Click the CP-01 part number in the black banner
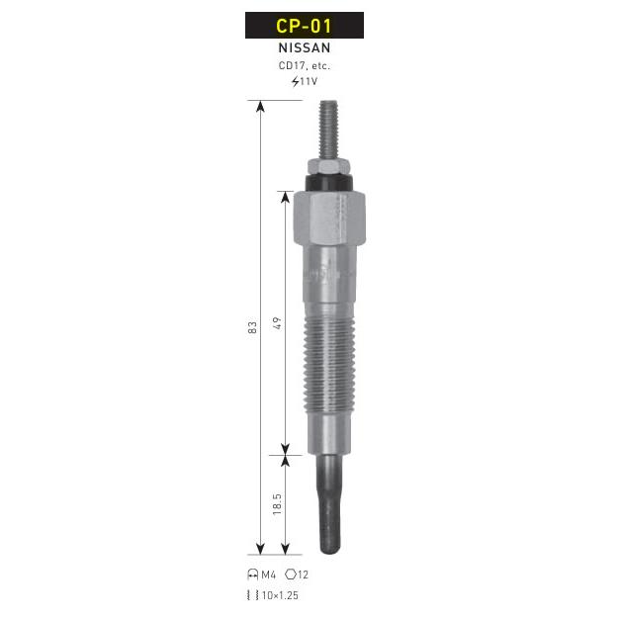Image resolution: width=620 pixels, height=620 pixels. point(304,26)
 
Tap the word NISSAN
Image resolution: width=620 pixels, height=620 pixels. point(305,47)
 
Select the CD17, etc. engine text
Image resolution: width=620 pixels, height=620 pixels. point(305,65)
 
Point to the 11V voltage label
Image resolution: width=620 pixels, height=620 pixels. point(309,81)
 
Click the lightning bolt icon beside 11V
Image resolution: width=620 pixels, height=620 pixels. point(296,81)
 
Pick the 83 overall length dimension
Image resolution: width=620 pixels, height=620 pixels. point(252,327)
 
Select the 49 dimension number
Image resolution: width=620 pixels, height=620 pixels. point(277,323)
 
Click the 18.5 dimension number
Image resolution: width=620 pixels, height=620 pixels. point(277,503)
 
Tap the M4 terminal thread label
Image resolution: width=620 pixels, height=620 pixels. point(269,575)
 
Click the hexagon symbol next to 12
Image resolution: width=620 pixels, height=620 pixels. point(291,575)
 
